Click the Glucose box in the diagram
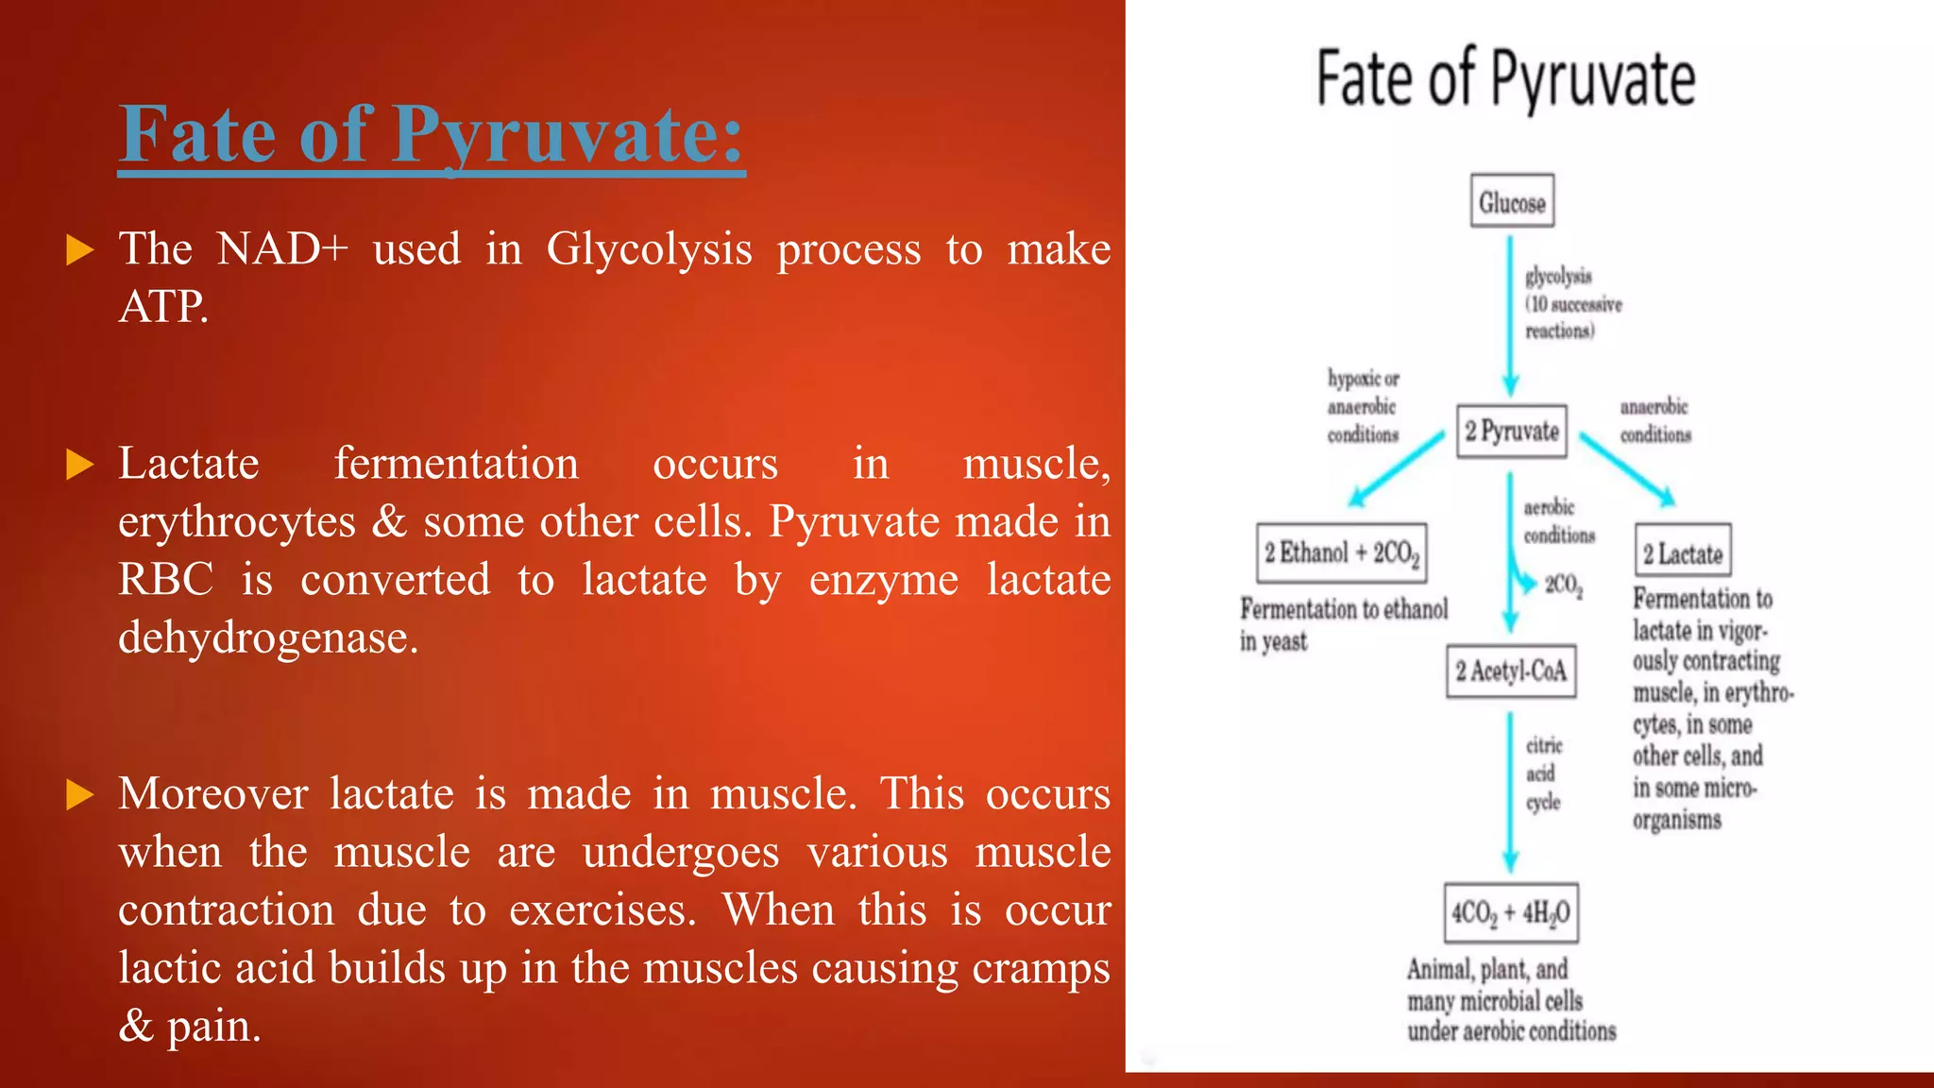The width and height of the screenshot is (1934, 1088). click(x=1512, y=201)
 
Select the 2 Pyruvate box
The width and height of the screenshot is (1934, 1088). click(x=1511, y=432)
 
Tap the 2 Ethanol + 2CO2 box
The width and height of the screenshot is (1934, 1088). click(x=1342, y=552)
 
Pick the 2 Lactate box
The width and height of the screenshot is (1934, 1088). click(x=1683, y=552)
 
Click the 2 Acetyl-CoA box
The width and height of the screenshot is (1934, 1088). click(x=1511, y=671)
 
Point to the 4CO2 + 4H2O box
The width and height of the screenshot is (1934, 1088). click(x=1511, y=912)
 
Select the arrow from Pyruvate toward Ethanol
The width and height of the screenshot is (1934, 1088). click(x=1398, y=468)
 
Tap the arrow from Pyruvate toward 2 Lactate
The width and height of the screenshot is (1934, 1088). click(x=1627, y=468)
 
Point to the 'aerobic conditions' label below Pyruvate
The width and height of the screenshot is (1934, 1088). click(x=1558, y=521)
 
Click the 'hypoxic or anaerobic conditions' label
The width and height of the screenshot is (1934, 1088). click(x=1363, y=406)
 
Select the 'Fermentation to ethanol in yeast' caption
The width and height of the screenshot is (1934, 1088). click(x=1343, y=624)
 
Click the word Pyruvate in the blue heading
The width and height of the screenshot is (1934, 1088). click(x=567, y=134)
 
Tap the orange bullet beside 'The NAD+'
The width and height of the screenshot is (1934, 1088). click(x=80, y=251)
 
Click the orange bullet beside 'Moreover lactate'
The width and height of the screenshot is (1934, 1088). click(x=80, y=795)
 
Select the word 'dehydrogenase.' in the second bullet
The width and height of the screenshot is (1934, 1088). click(x=268, y=638)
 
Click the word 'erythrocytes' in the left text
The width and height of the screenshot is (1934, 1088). click(x=237, y=521)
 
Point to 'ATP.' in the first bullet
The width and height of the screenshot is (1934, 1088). click(x=163, y=306)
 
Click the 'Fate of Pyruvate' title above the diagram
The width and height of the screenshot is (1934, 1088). click(x=1505, y=79)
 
